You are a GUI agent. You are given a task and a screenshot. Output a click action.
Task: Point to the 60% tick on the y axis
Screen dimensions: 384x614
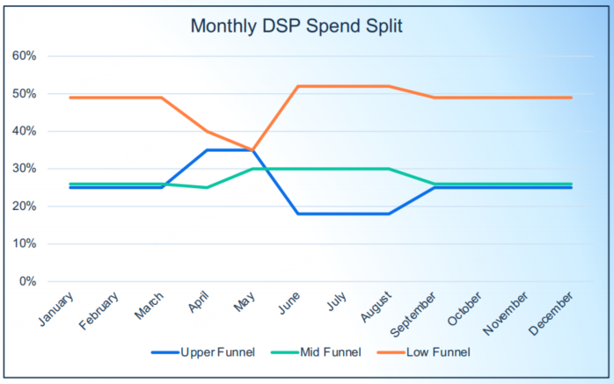pyautogui.click(x=24, y=56)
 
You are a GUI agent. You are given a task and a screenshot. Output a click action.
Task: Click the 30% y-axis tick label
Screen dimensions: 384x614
pyautogui.click(x=24, y=169)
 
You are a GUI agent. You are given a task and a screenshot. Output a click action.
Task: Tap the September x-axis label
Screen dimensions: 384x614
pyautogui.click(x=415, y=311)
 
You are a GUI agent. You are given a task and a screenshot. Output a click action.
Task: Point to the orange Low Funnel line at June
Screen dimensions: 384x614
pyautogui.click(x=298, y=86)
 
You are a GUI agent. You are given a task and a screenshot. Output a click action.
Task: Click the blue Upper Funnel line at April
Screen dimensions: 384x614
pyautogui.click(x=207, y=150)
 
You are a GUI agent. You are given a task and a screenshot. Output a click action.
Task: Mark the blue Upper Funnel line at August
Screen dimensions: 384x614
pyautogui.click(x=390, y=214)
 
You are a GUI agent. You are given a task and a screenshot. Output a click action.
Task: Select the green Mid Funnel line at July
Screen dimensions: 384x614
pyautogui.click(x=344, y=169)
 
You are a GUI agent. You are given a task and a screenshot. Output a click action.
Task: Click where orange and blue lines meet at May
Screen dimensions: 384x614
pyautogui.click(x=252, y=150)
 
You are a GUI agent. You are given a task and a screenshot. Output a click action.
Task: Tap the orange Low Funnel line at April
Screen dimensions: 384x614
pyautogui.click(x=207, y=131)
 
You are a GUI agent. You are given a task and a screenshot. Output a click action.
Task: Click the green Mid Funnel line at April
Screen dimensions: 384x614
pyautogui.click(x=207, y=187)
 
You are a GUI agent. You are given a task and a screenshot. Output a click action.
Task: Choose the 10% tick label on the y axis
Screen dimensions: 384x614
pyautogui.click(x=24, y=243)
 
